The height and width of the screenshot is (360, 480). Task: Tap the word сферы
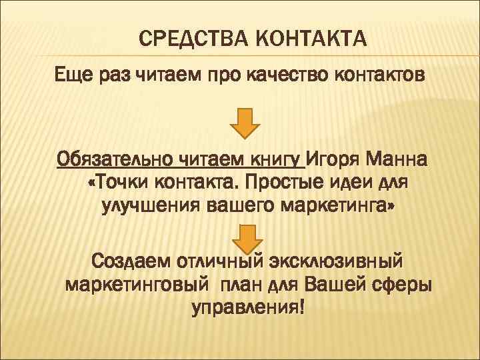pyautogui.click(x=399, y=285)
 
